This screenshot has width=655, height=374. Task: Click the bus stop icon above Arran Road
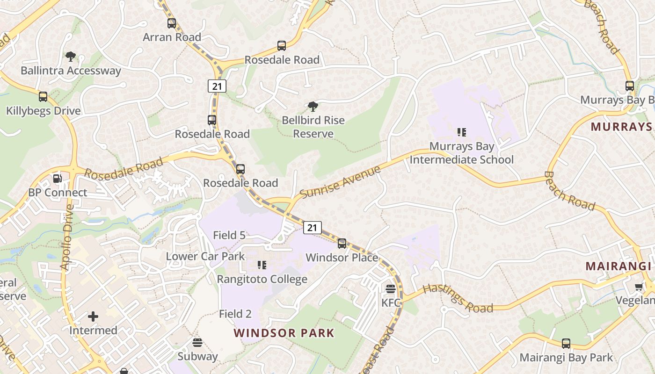click(x=172, y=23)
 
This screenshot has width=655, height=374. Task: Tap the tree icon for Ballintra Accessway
click(x=70, y=57)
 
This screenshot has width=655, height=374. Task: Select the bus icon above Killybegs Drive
click(x=43, y=97)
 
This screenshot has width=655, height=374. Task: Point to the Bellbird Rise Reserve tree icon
click(x=313, y=107)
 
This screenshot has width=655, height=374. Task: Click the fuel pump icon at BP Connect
click(x=57, y=179)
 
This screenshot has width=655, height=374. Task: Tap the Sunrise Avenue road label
click(x=340, y=182)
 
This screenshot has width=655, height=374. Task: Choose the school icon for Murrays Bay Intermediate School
click(x=462, y=132)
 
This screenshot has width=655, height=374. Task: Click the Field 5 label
click(x=229, y=235)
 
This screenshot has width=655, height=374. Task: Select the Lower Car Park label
click(x=205, y=256)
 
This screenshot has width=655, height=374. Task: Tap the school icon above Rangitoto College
click(x=262, y=266)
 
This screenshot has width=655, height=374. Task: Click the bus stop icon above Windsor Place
click(x=342, y=244)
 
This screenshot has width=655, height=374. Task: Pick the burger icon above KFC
click(x=391, y=289)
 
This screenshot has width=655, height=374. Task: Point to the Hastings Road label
click(x=458, y=298)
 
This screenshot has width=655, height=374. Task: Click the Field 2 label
click(x=235, y=314)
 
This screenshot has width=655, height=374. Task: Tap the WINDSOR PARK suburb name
click(x=284, y=333)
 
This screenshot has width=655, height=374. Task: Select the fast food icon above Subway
click(x=197, y=343)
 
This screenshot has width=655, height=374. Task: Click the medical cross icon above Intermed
click(x=93, y=317)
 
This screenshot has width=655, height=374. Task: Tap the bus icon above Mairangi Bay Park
click(x=566, y=344)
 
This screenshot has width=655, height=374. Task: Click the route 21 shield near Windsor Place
click(x=312, y=228)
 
